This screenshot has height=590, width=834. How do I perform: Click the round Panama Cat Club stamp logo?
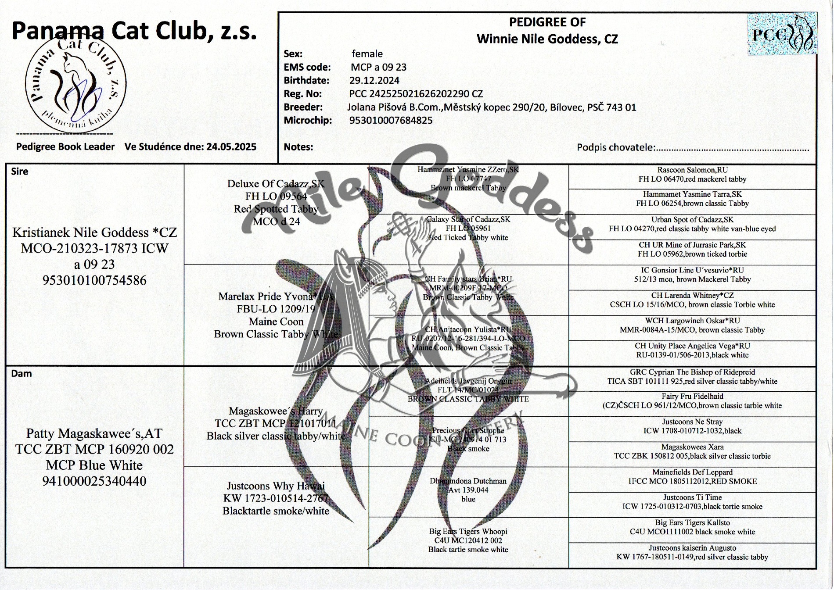[x=75, y=83]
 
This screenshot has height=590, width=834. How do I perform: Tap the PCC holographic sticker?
[x=782, y=34]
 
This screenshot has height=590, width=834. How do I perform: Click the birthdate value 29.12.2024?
[x=374, y=80]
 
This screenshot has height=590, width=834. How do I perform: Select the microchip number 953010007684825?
[x=391, y=120]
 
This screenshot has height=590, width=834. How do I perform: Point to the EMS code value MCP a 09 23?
[x=378, y=67]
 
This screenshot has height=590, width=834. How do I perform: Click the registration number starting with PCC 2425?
[x=416, y=94]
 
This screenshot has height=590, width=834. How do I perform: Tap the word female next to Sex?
[x=367, y=54]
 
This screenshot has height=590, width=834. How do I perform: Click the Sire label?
[x=20, y=172]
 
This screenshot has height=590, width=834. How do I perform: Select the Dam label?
[x=21, y=373]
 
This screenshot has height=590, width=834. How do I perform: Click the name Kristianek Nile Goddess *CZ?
[x=94, y=232]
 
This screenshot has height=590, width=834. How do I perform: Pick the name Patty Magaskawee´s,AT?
[x=94, y=433]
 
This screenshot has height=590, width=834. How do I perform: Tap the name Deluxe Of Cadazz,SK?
[x=276, y=184]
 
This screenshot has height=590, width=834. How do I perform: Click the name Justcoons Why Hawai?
[x=276, y=486]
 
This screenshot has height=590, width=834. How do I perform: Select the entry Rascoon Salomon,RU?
[x=692, y=170]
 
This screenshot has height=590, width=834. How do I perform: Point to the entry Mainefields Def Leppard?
[x=692, y=472]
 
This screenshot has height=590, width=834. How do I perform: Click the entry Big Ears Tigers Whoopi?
[x=468, y=531]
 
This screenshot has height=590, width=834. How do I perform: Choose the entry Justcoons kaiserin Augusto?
[x=692, y=548]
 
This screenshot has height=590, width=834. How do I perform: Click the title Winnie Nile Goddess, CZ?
[x=547, y=39]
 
